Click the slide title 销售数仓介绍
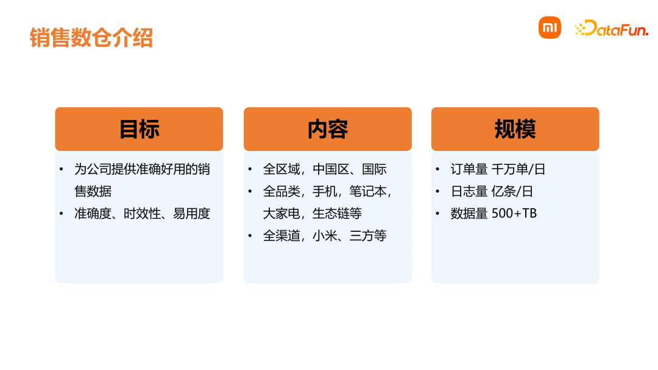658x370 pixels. coord(91,38)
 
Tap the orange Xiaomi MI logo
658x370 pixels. coord(550,28)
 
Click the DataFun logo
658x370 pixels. coord(612,28)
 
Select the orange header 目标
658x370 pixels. coord(139,129)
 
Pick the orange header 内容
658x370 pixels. coord(328,129)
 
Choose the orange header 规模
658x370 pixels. coord(515,129)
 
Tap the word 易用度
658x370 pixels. coord(191,214)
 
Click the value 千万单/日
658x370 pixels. coord(518,169)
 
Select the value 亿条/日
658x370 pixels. coord(512,191)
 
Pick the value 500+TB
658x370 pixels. coord(514,214)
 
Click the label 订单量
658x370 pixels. coord(469,169)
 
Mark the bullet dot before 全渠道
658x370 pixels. coord(250,236)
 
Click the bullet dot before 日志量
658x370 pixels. coord(437,191)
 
